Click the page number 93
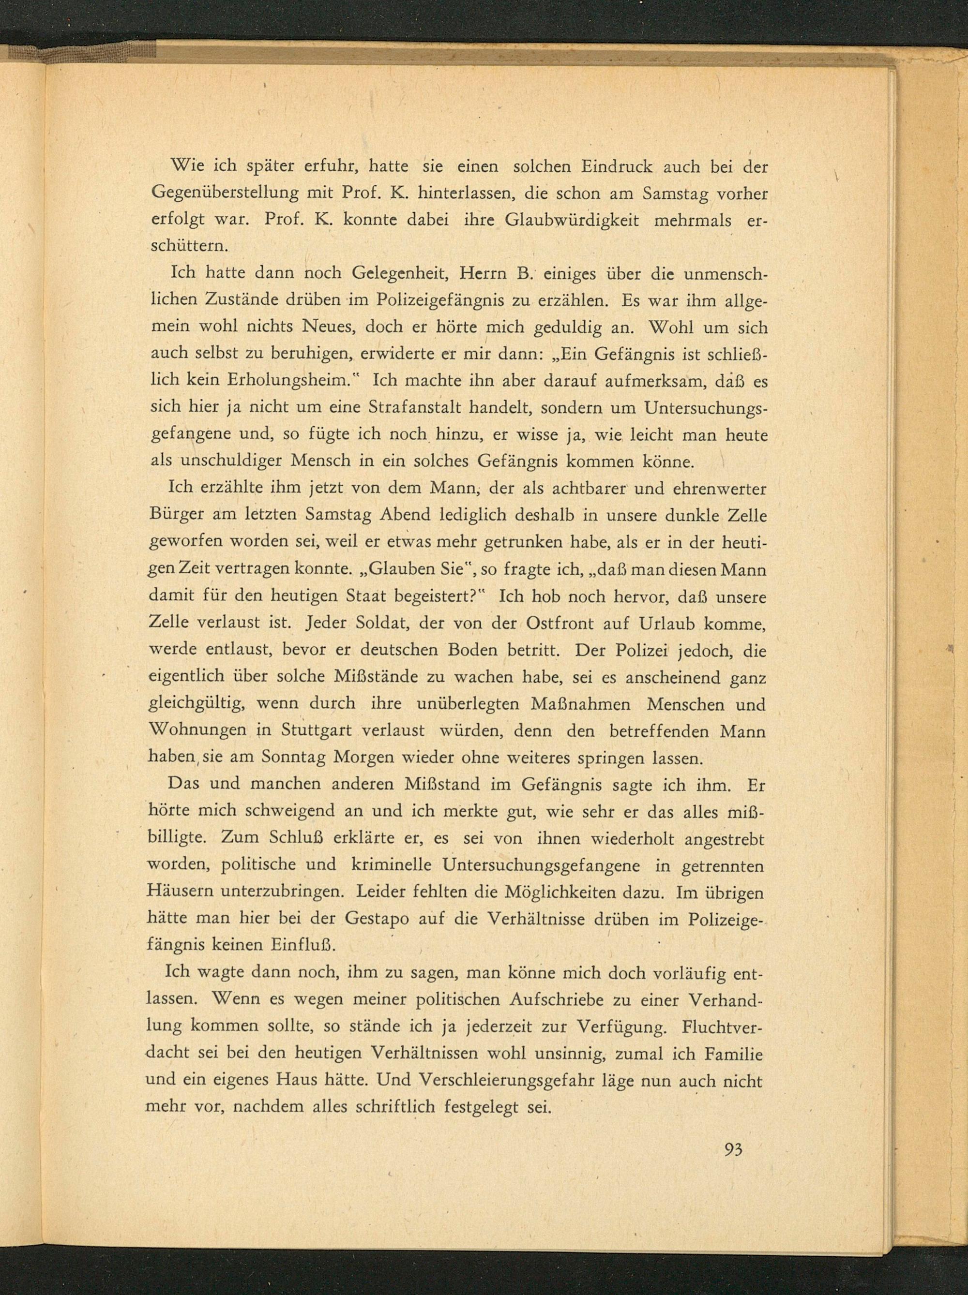point(733,1148)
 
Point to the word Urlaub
point(673,624)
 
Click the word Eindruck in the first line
point(616,167)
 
